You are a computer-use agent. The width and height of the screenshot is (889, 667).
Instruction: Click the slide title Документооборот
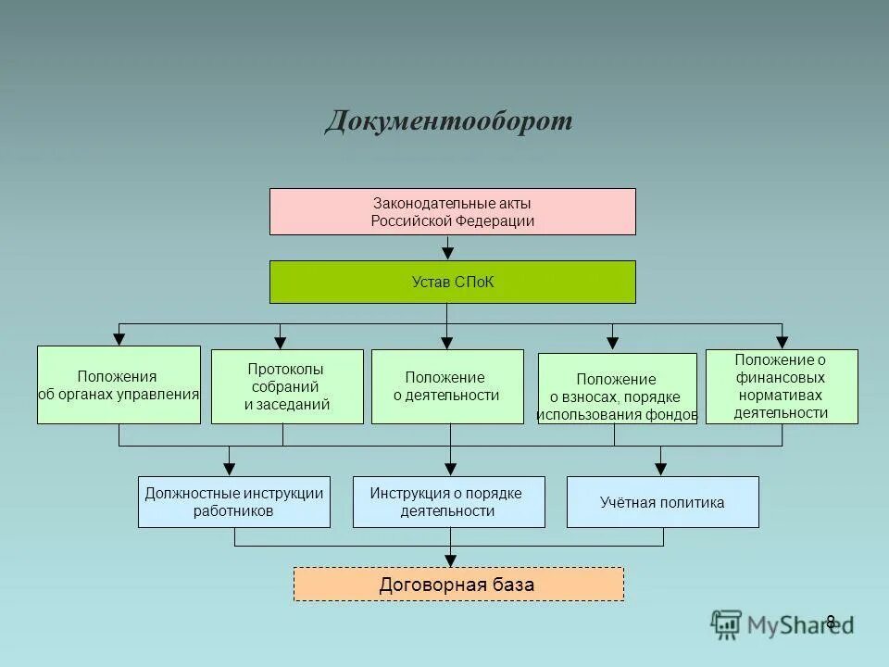click(x=448, y=121)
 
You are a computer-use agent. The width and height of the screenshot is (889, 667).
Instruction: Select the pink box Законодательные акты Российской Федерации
click(x=452, y=211)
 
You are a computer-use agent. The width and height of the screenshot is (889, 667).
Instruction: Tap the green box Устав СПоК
click(x=452, y=282)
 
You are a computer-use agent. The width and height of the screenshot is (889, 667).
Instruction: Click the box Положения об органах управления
click(x=119, y=384)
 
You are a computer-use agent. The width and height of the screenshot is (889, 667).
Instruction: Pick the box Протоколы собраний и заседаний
click(x=287, y=386)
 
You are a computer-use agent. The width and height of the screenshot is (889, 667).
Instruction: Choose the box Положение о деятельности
click(x=447, y=386)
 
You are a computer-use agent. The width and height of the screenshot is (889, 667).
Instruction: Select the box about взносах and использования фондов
click(x=617, y=388)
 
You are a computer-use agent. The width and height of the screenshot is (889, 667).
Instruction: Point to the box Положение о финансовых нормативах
click(x=782, y=386)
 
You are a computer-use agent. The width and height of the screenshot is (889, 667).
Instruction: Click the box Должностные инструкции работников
click(x=233, y=502)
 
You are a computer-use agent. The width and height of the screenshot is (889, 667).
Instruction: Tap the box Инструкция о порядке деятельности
click(x=448, y=502)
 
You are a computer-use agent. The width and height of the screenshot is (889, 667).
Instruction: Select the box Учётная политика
click(x=662, y=502)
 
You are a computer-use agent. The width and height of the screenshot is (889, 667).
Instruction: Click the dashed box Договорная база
click(x=458, y=585)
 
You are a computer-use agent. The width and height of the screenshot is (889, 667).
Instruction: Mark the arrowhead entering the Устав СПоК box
click(x=448, y=252)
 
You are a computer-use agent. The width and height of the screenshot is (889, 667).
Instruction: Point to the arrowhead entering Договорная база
click(x=450, y=559)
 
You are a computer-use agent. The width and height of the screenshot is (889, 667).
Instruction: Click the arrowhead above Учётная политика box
click(x=660, y=468)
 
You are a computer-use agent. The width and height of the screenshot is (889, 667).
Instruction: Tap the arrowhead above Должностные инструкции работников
click(x=230, y=468)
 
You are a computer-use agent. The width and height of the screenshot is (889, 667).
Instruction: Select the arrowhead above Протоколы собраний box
click(x=281, y=341)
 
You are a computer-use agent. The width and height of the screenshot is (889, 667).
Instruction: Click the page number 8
click(x=831, y=622)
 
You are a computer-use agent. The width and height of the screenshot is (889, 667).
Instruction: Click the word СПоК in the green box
click(x=475, y=282)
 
